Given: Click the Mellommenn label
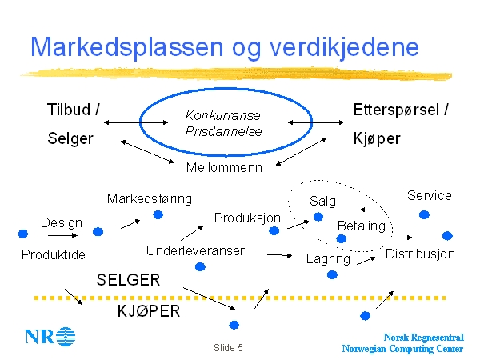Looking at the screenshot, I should (x=223, y=168).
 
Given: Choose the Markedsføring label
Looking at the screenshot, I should (x=150, y=198).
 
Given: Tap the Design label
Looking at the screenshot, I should (x=62, y=222).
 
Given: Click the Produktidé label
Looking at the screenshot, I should (x=54, y=255).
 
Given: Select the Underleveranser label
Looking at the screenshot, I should (x=195, y=251).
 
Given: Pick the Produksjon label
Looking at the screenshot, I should (x=248, y=218).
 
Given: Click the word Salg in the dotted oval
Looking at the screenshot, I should (x=323, y=201).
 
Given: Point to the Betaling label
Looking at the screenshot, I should (x=361, y=226).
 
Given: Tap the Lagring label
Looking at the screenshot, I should (x=328, y=259).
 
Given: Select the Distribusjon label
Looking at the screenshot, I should (x=420, y=254).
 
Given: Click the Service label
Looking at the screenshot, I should (x=429, y=195).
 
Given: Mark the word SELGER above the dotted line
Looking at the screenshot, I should (x=128, y=280).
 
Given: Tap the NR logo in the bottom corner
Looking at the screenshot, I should (x=50, y=336).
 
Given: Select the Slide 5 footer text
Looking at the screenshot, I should (x=228, y=349).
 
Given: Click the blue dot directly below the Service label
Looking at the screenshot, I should (x=424, y=214).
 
